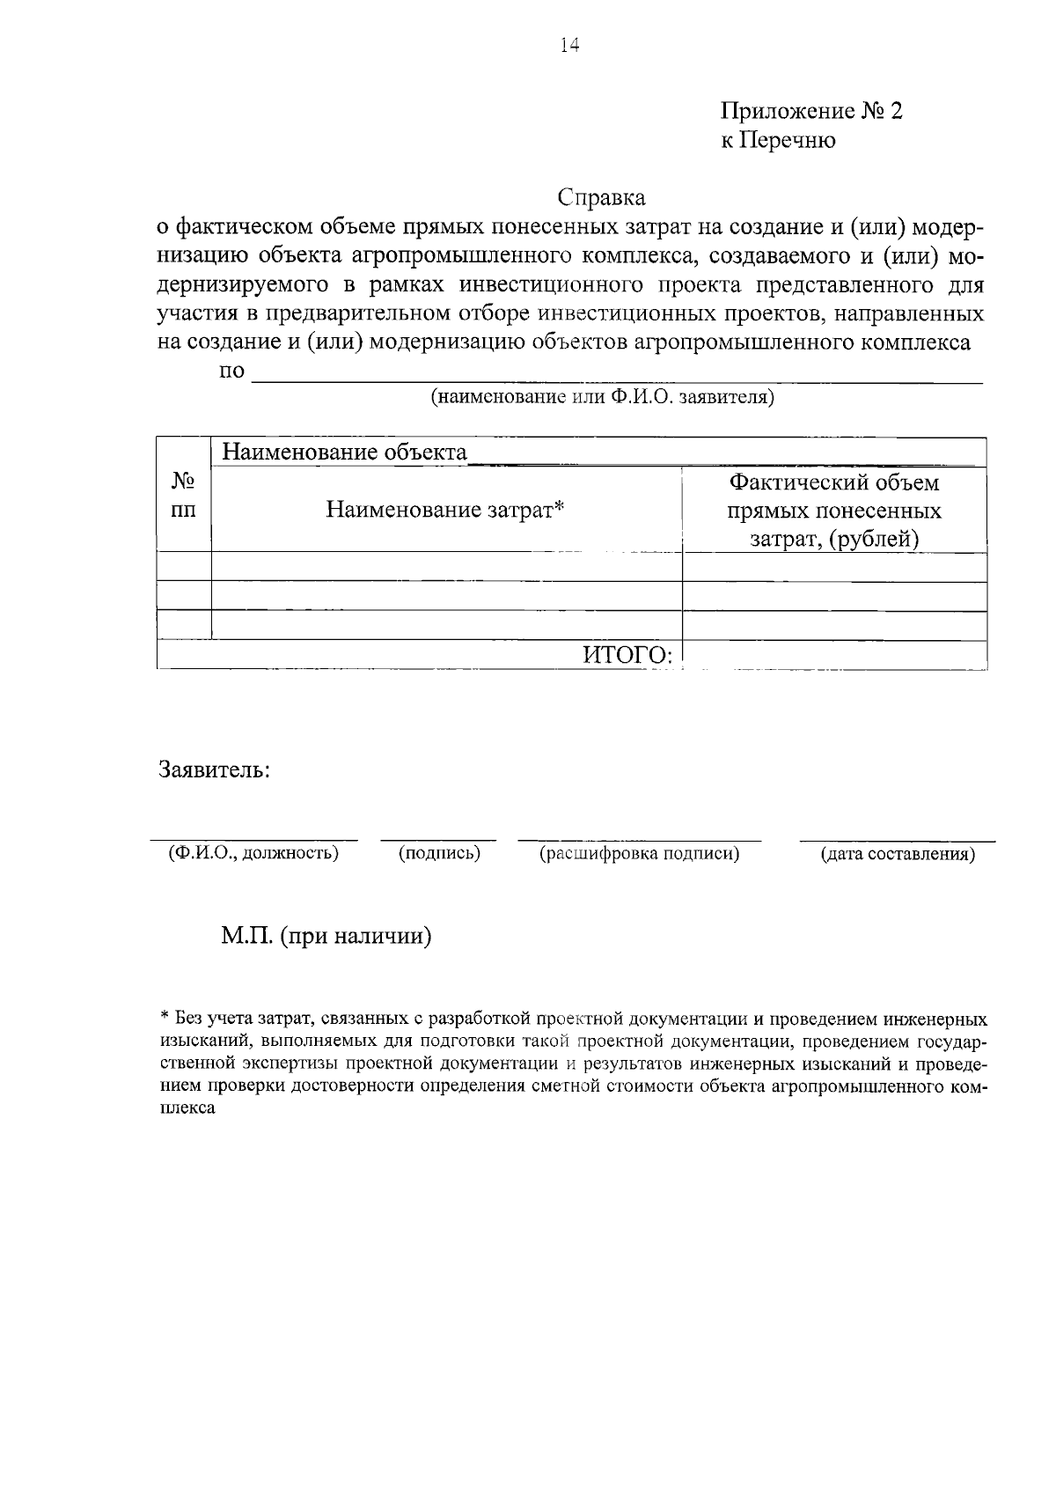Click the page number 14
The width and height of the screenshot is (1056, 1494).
click(569, 47)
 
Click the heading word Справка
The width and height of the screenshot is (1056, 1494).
click(602, 196)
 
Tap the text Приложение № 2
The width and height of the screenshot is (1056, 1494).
click(811, 111)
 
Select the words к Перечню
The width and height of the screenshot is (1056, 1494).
click(778, 140)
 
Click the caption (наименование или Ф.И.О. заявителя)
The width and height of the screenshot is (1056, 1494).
click(602, 396)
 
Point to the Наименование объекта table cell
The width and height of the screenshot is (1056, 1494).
click(344, 453)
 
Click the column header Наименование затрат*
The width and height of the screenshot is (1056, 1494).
click(444, 510)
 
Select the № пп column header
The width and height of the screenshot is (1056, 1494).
click(183, 496)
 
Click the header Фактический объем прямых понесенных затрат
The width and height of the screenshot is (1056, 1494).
click(834, 510)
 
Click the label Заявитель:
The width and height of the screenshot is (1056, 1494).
click(214, 769)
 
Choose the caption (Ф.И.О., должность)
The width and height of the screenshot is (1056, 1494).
click(253, 852)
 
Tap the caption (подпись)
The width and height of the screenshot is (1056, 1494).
click(439, 852)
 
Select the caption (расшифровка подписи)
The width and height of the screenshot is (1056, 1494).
click(639, 852)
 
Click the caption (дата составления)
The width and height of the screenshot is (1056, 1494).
click(897, 853)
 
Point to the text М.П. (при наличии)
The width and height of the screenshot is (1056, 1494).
click(326, 935)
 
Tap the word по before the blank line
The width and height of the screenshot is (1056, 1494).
click(231, 371)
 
